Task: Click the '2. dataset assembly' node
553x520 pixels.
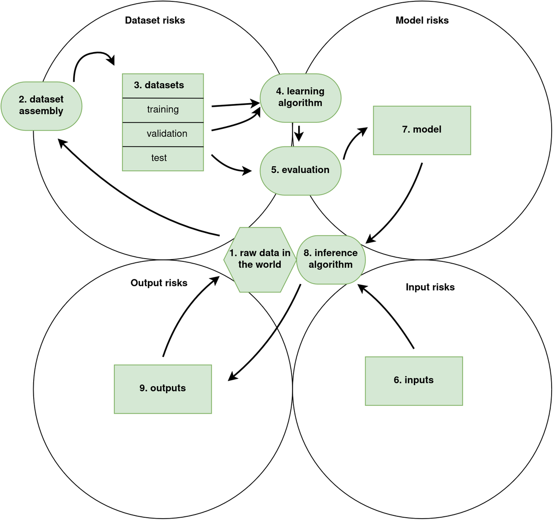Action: pyautogui.click(x=41, y=106)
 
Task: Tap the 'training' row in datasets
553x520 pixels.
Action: pyautogui.click(x=163, y=110)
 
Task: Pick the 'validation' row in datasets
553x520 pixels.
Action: pyautogui.click(x=163, y=134)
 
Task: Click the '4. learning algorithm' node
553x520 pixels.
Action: pyautogui.click(x=300, y=98)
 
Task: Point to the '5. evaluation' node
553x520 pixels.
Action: pyautogui.click(x=300, y=170)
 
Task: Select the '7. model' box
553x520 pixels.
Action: pyautogui.click(x=422, y=130)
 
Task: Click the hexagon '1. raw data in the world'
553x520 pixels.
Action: pyautogui.click(x=259, y=260)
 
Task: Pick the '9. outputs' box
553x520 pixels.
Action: pyautogui.click(x=163, y=389)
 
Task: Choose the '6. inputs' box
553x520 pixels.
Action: pyautogui.click(x=413, y=381)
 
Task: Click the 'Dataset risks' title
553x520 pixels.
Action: pyautogui.click(x=155, y=20)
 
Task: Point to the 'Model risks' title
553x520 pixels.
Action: pyautogui.click(x=422, y=20)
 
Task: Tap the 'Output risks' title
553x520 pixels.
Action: pyautogui.click(x=159, y=283)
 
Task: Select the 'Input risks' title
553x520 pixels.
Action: pyautogui.click(x=430, y=287)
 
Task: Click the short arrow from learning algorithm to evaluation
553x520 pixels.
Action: pyautogui.click(x=299, y=133)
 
